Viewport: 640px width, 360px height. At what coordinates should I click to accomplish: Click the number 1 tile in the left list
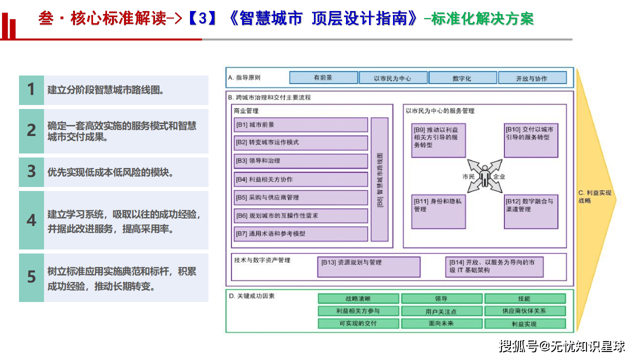point(31,90)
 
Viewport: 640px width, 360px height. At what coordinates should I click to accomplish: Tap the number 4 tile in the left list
point(31,220)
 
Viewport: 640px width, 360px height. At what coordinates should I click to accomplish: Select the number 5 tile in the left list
point(31,277)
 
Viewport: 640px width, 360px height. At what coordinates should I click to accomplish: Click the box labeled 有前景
point(323,78)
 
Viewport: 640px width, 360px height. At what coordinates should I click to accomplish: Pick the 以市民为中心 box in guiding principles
point(392,78)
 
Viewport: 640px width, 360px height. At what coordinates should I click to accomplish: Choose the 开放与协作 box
point(531,78)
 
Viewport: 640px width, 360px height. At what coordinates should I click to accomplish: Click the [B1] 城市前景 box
point(300,124)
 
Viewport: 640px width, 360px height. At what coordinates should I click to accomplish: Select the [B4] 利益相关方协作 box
point(300,179)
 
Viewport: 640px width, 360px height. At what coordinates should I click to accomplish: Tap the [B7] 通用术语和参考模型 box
point(300,233)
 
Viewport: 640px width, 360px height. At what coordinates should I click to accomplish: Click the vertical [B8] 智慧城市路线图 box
point(379,179)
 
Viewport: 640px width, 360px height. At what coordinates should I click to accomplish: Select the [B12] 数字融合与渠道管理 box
point(531,210)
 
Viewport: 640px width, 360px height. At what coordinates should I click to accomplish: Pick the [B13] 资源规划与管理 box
point(368,266)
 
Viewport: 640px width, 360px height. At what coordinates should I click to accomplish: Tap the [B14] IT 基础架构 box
point(494,266)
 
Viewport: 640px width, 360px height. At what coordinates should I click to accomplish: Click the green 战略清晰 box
point(358,298)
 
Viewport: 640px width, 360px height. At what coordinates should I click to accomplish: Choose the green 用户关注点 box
point(441,311)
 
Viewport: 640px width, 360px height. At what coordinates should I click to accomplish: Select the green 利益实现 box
point(524,323)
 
